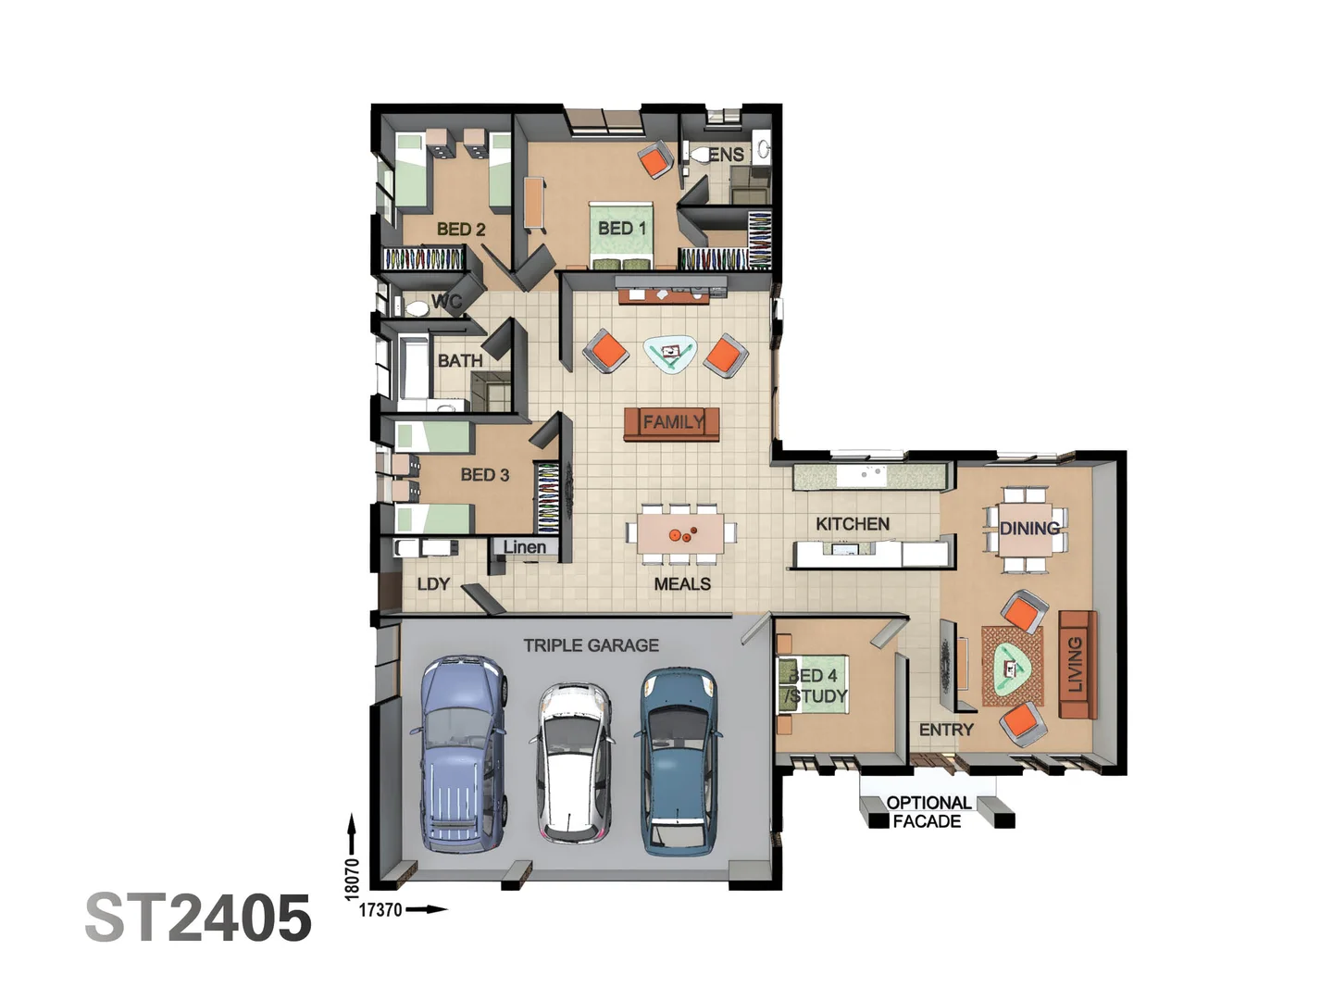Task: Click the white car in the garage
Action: pos(571,762)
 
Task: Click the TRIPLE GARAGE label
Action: pos(591,645)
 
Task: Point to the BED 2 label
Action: pos(461,229)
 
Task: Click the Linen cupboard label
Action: pos(524,547)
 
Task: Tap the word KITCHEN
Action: pos(853,524)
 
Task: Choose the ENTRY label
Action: pos(946,730)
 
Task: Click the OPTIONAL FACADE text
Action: pos(928,812)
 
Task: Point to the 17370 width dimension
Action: pos(380,910)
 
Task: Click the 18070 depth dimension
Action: pos(352,878)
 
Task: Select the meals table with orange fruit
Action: pos(680,535)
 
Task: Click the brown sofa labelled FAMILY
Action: pos(672,423)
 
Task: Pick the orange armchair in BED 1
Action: pos(656,160)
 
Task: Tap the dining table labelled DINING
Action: pos(1027,529)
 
